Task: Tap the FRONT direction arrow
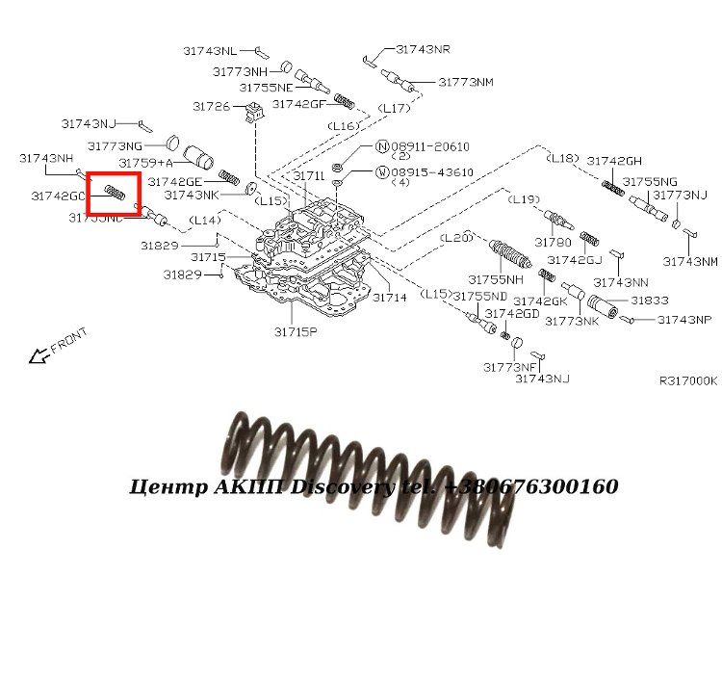coord(39,356)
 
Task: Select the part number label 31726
coord(211,106)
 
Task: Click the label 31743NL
coord(210,50)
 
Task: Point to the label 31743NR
coord(423,49)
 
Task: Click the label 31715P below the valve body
coord(295,331)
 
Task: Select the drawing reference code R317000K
coord(687,381)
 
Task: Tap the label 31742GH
coord(614,161)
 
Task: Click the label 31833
coord(650,301)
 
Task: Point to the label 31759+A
coord(145,163)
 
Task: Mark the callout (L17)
coord(394,108)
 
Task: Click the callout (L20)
coord(455,237)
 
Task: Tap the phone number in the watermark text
coord(530,486)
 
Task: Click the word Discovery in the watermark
coord(342,486)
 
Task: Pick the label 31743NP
coord(683,320)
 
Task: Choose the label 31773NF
coord(510,367)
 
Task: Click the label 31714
coord(390,298)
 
